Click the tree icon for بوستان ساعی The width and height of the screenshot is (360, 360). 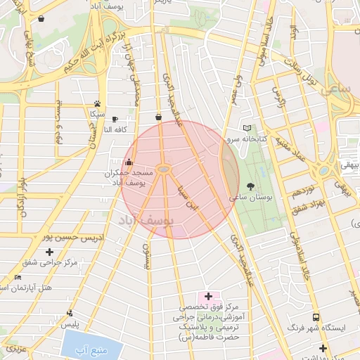[x=251, y=186]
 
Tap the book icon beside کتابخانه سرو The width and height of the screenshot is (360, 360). [x=246, y=128]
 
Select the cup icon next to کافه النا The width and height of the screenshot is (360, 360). [x=115, y=120]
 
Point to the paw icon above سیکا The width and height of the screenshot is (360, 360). [x=97, y=103]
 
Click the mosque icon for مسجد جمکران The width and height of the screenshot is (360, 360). [x=128, y=162]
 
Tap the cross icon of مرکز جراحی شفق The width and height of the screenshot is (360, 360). [x=49, y=251]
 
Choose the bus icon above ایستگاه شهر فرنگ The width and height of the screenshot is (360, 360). [x=316, y=317]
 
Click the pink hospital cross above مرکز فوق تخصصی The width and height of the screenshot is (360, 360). [x=208, y=296]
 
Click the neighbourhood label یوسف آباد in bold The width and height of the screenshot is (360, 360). [x=148, y=221]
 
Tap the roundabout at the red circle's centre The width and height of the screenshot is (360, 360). [x=163, y=169]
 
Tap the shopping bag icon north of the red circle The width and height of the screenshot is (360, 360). [x=158, y=117]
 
